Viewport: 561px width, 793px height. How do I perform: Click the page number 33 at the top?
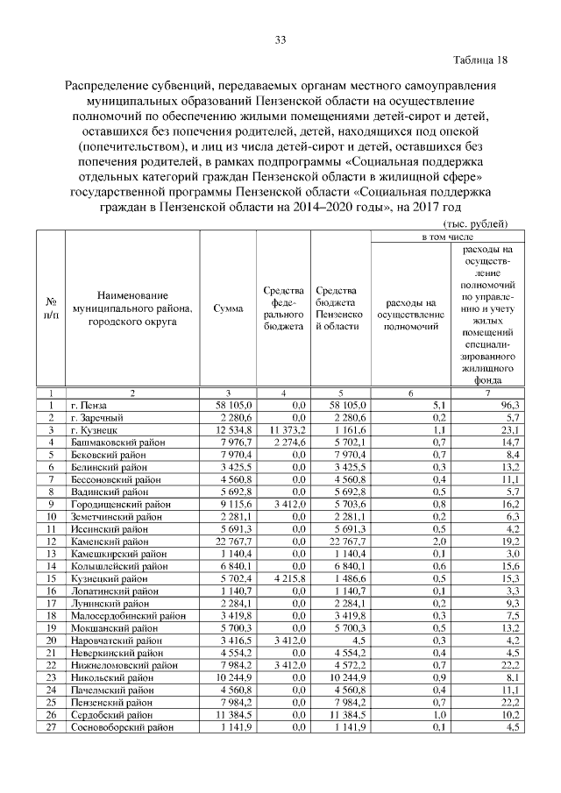click(x=280, y=39)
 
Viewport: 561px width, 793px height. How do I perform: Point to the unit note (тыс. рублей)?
click(x=475, y=224)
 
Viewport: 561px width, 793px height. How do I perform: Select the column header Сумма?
click(x=228, y=309)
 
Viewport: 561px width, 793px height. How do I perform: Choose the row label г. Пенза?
click(x=92, y=406)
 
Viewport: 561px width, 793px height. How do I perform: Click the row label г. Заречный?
click(x=99, y=418)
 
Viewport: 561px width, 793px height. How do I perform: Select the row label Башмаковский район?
click(x=116, y=443)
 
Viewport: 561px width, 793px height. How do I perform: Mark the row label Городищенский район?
click(x=117, y=505)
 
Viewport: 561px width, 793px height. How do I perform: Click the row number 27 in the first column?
click(x=52, y=726)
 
